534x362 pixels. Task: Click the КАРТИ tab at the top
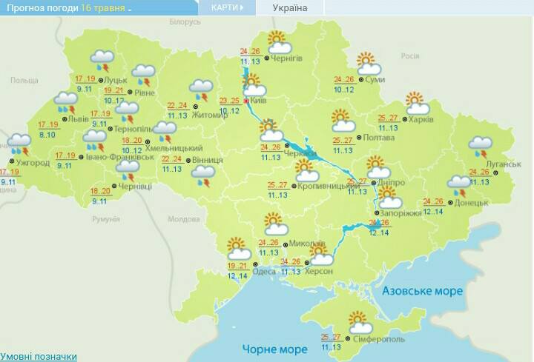coord(226,7)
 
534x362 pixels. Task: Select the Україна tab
coord(289,8)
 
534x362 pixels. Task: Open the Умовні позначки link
coord(39,356)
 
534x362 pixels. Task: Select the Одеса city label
coord(264,272)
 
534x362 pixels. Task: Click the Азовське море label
coord(422,292)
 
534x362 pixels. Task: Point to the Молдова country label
coord(183,219)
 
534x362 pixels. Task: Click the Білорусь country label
coord(185,22)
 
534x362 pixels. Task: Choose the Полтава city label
coord(378,138)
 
